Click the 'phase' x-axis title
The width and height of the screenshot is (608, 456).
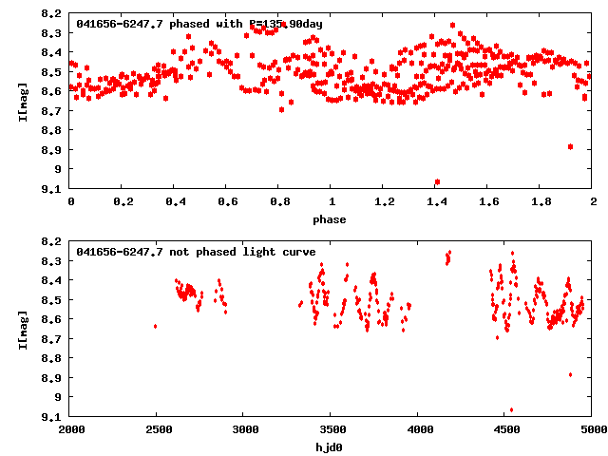point(331,219)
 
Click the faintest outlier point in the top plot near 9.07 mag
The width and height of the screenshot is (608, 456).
point(437,181)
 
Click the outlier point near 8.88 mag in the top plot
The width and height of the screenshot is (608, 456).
point(570,146)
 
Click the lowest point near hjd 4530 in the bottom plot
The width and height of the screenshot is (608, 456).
point(511,409)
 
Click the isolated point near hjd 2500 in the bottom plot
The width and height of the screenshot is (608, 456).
point(155,326)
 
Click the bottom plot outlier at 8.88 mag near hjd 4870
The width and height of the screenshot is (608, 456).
point(570,374)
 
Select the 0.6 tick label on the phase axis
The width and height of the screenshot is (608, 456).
point(226,202)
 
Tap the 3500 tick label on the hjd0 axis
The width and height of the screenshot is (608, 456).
point(331,430)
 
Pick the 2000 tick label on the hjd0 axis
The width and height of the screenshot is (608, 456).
point(71,430)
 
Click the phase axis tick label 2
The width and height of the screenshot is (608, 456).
point(592,202)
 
